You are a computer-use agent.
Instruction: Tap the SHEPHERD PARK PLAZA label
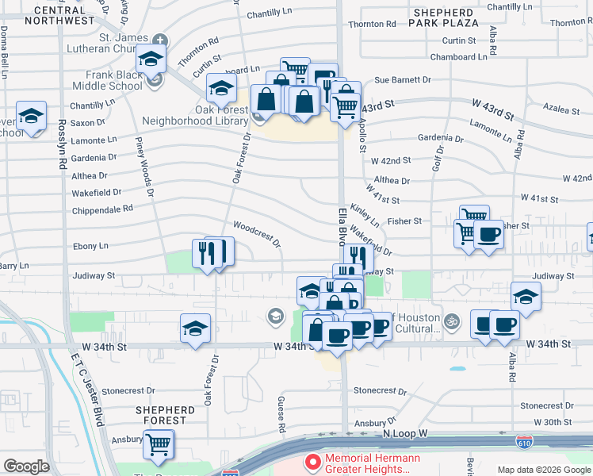pyautogui.click(x=444, y=17)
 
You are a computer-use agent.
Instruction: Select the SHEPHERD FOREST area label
pyautogui.click(x=165, y=415)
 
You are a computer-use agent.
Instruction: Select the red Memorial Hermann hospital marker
pyautogui.click(x=313, y=461)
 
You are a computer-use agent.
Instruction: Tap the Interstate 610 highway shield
pyautogui.click(x=524, y=440)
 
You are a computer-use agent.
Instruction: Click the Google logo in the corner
pyautogui.click(x=26, y=466)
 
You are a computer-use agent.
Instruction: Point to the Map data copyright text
pyautogui.click(x=543, y=470)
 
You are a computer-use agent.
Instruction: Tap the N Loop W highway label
pyautogui.click(x=404, y=434)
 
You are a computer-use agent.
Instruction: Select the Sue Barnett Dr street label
pyautogui.click(x=402, y=80)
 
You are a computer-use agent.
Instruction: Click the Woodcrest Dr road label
pyautogui.click(x=257, y=234)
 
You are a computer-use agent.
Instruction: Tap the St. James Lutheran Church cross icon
pyautogui.click(x=161, y=39)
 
